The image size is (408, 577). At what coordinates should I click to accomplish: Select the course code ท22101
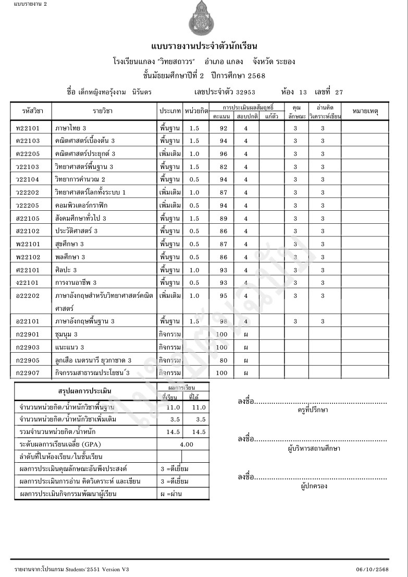click(27, 128)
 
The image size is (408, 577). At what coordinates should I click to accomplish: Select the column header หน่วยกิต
click(196, 111)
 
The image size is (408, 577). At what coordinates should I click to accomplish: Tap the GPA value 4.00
click(186, 444)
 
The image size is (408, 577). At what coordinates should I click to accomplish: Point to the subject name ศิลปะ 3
click(66, 270)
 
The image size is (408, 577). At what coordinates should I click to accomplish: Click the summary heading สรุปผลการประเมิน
click(85, 391)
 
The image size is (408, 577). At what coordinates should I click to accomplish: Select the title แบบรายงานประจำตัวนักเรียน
click(204, 46)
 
